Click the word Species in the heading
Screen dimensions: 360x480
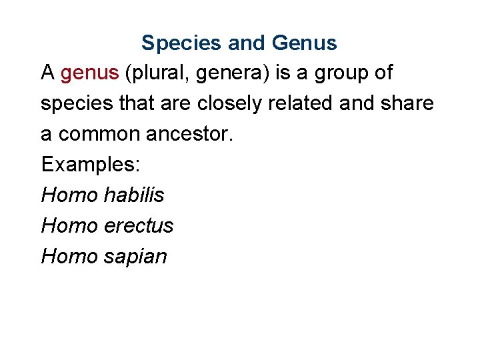(182, 43)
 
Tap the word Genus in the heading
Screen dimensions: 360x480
(304, 43)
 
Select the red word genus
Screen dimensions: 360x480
(89, 73)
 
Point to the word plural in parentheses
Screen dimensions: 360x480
(156, 73)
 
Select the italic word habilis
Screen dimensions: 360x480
(134, 195)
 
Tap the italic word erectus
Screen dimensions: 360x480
(139, 226)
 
